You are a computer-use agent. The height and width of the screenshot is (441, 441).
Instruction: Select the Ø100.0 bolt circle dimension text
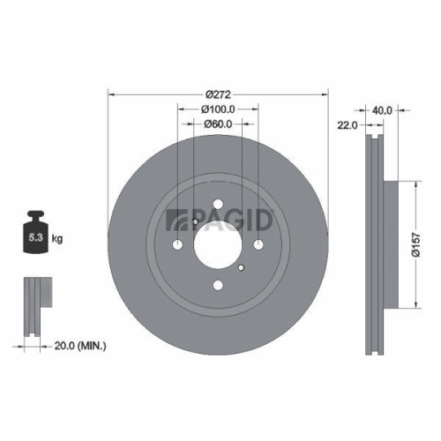[217, 109]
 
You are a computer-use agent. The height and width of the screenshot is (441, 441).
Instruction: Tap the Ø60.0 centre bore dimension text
[217, 124]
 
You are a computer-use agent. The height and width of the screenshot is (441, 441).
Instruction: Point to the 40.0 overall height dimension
[381, 111]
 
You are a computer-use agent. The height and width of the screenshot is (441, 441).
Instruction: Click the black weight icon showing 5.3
[36, 234]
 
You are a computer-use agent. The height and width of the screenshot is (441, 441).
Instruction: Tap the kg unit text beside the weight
[57, 238]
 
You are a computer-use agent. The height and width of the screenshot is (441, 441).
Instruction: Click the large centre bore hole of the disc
[217, 244]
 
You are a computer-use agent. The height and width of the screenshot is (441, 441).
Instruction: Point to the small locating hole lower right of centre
[241, 265]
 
